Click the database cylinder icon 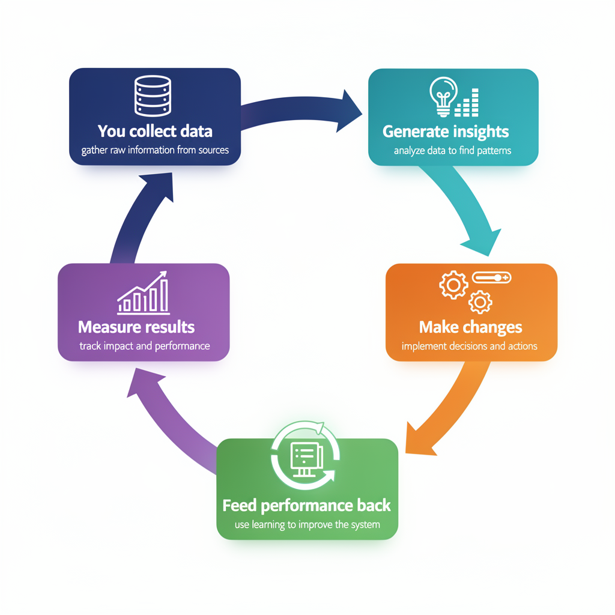pyautogui.click(x=153, y=96)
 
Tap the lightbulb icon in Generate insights pyautogui.click(x=443, y=97)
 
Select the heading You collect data pyautogui.click(x=155, y=132)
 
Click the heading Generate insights pyautogui.click(x=446, y=132)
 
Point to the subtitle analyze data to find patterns pyautogui.click(x=452, y=151)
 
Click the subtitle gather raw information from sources pyautogui.click(x=155, y=150)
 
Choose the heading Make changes pyautogui.click(x=470, y=327)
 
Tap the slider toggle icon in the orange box pyautogui.click(x=491, y=277)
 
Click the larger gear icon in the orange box pyautogui.click(x=453, y=285)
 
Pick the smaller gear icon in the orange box pyautogui.click(x=480, y=302)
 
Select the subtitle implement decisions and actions pyautogui.click(x=469, y=347)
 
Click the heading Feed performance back pyautogui.click(x=306, y=506)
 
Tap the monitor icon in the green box pyautogui.click(x=306, y=459)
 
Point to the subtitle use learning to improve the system pyautogui.click(x=307, y=525)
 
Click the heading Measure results pyautogui.click(x=136, y=327)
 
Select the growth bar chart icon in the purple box pyautogui.click(x=144, y=293)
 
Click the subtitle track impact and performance pyautogui.click(x=144, y=347)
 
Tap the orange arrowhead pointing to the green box pyautogui.click(x=419, y=439)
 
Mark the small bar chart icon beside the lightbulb pyautogui.click(x=467, y=103)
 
